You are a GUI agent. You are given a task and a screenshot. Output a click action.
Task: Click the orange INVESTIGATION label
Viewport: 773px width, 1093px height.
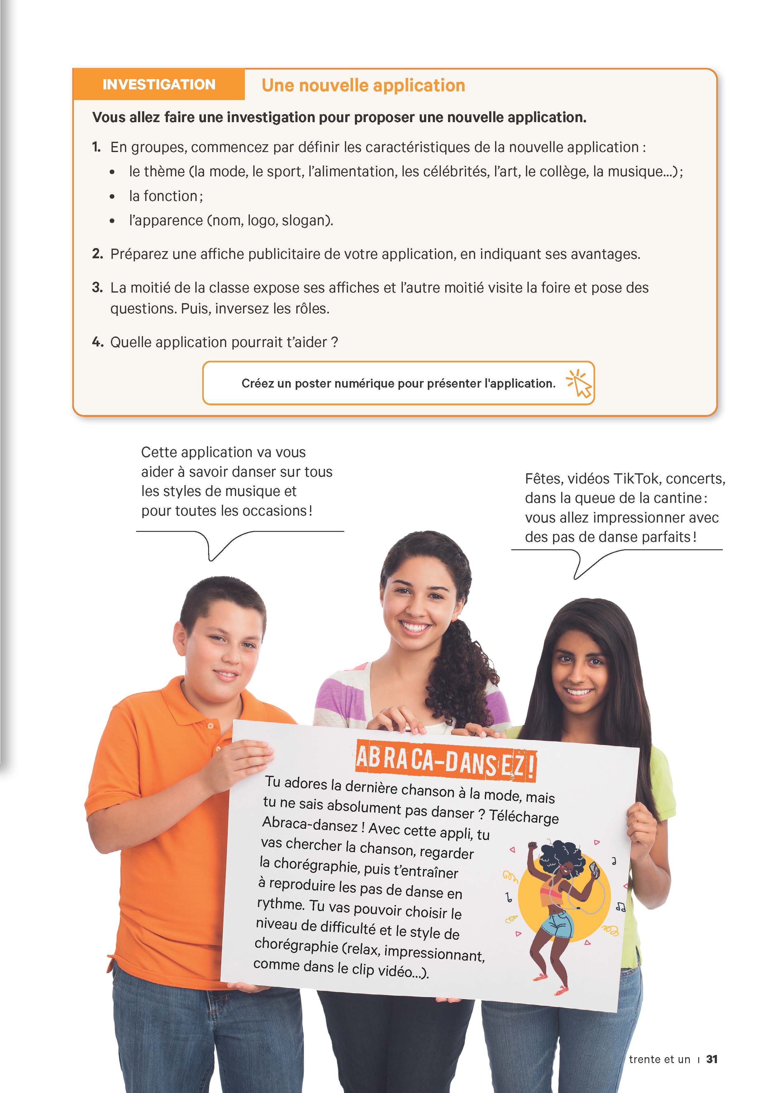click(159, 84)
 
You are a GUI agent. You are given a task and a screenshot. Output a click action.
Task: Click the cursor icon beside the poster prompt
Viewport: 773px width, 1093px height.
click(579, 383)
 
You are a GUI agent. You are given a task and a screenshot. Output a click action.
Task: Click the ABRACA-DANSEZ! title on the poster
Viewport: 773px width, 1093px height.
click(446, 760)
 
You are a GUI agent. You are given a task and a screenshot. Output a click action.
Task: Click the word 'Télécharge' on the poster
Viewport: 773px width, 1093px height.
click(523, 815)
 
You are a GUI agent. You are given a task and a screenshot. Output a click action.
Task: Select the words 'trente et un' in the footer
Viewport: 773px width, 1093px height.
click(659, 1059)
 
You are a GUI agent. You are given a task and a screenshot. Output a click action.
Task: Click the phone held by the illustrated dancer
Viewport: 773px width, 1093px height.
click(594, 870)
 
